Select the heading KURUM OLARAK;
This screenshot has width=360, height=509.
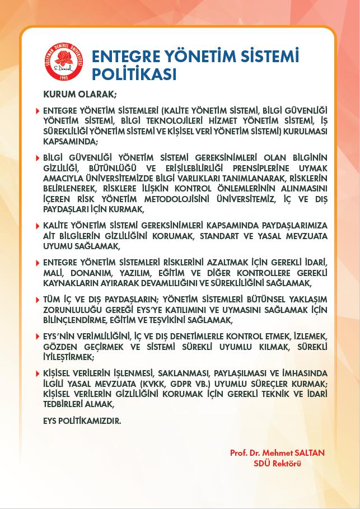(78, 94)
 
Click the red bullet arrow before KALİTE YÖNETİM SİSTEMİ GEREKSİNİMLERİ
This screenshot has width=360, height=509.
(38, 225)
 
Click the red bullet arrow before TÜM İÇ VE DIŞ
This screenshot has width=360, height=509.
(38, 300)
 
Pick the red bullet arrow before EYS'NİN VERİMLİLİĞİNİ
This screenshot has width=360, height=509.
(38, 337)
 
